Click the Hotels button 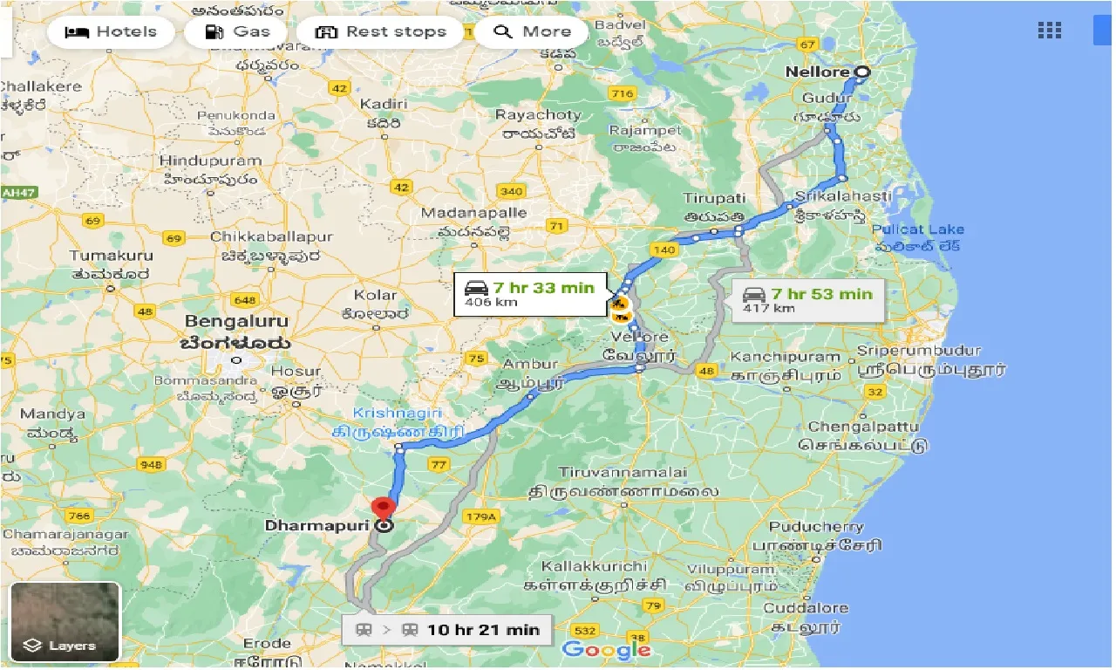[x=114, y=32]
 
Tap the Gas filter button [x=237, y=32]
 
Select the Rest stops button [x=380, y=32]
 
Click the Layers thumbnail [x=65, y=622]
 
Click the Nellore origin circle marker [x=862, y=72]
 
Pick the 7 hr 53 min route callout [x=807, y=299]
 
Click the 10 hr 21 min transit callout [x=446, y=629]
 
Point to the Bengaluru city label [x=236, y=321]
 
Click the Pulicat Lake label [x=921, y=229]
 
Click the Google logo [x=608, y=649]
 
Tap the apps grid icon [x=1049, y=31]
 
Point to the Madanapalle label [x=473, y=213]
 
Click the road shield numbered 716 [x=623, y=93]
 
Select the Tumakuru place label [x=111, y=256]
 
